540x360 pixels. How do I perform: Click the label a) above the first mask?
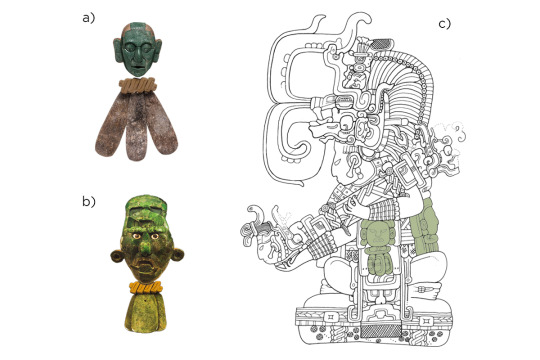coord(88,18)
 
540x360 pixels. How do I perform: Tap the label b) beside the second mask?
coord(89,201)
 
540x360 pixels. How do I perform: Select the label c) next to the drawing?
coord(445,24)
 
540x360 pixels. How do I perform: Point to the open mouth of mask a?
coord(138,66)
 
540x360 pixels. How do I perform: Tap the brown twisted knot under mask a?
coord(137,85)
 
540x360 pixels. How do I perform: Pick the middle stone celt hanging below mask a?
coord(136,128)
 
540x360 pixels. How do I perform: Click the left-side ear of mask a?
coord(117,49)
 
